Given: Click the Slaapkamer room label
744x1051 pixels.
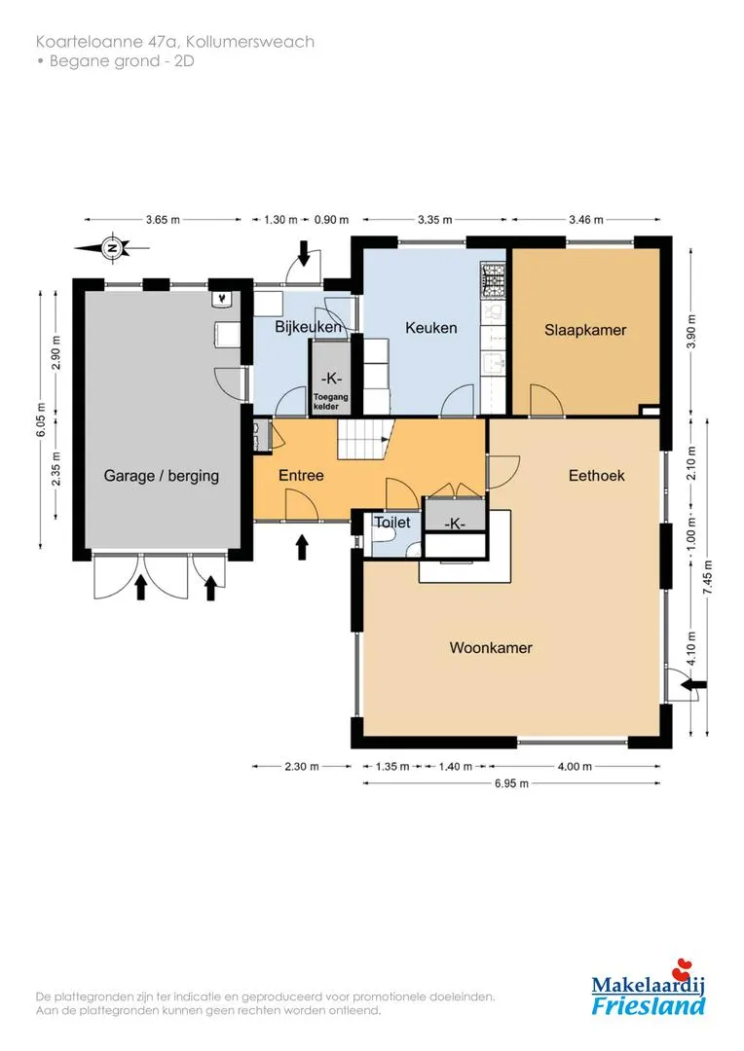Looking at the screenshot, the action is (585, 330).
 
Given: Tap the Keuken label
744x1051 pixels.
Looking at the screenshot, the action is (430, 328).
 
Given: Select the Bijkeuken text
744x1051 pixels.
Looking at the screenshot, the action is (308, 326).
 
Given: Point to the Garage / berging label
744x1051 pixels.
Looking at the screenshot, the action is (161, 476).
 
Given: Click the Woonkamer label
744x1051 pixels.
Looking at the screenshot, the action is (491, 647).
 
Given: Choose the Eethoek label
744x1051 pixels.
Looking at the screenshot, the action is (596, 475).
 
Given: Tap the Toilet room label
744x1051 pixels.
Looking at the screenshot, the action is (391, 522).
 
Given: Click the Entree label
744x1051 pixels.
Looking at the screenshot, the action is (301, 475).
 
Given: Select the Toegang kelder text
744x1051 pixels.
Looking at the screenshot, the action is (331, 402).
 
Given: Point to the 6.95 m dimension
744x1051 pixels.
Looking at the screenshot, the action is (511, 782).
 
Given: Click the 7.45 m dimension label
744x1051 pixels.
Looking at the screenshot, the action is (708, 578).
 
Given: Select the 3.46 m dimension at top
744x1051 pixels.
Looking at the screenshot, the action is (585, 219).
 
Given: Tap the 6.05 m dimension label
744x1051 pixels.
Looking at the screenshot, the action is (42, 420).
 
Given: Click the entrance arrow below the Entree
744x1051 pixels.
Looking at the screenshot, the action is (302, 547).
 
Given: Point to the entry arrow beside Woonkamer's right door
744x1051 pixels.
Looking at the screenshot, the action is (693, 684).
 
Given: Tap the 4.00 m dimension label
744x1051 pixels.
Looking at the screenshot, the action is (575, 766).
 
